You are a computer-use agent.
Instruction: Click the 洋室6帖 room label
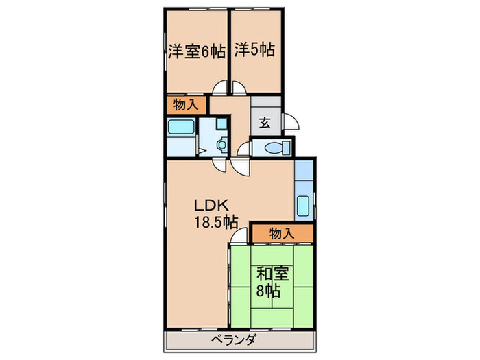coord(195,51)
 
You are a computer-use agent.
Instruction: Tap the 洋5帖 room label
coord(254,50)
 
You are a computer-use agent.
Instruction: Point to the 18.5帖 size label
coord(215,221)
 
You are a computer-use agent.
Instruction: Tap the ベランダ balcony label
coord(234,340)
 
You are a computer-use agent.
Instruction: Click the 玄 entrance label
coord(265,124)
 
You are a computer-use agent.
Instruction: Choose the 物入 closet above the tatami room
coord(281,234)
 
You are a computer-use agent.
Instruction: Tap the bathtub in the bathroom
coord(181,127)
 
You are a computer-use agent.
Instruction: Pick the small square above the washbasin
coord(221,124)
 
